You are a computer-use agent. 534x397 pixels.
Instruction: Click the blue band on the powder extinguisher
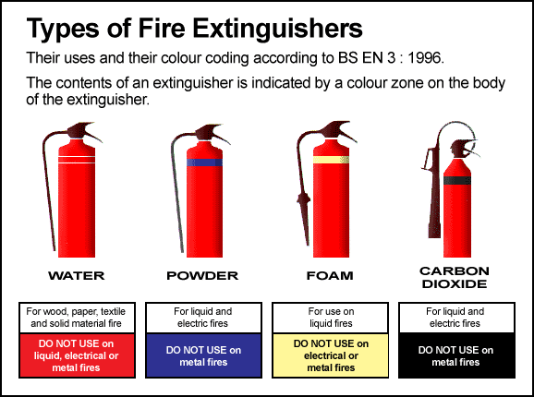204,162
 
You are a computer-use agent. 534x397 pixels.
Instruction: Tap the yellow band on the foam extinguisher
331,160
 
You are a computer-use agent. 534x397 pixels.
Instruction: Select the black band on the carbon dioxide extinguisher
457,180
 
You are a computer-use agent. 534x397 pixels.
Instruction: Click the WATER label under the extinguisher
77,275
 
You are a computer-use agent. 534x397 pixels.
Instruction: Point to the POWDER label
202,275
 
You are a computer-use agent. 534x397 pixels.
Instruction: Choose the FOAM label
330,275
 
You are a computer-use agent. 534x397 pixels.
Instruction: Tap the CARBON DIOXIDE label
455,277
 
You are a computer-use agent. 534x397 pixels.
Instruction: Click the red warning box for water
77,355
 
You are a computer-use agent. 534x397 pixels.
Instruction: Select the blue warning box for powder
203,355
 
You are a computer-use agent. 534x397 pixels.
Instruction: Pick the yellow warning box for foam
331,355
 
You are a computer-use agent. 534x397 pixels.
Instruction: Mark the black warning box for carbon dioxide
456,355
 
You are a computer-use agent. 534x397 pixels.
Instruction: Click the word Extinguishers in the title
278,30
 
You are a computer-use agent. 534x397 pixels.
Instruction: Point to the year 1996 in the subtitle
425,58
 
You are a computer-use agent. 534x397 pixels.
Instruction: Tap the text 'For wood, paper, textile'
76,311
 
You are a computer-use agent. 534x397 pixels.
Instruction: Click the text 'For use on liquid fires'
331,318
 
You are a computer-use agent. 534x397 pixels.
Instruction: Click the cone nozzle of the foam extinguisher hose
304,218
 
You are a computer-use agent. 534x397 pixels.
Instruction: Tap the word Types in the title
63,30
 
